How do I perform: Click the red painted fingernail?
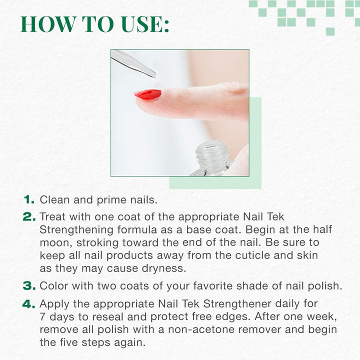pyautogui.click(x=148, y=94)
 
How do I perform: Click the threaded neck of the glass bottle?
pyautogui.click(x=211, y=153)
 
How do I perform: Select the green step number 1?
pyautogui.click(x=29, y=199)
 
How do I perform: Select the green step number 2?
pyautogui.click(x=29, y=216)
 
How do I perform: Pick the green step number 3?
pyautogui.click(x=29, y=286)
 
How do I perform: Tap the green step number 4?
pyautogui.click(x=29, y=304)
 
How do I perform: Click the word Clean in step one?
pyautogui.click(x=54, y=199)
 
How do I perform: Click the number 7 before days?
pyautogui.click(x=42, y=317)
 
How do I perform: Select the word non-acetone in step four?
pyautogui.click(x=201, y=329)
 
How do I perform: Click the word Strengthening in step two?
pyautogui.click(x=76, y=230)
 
